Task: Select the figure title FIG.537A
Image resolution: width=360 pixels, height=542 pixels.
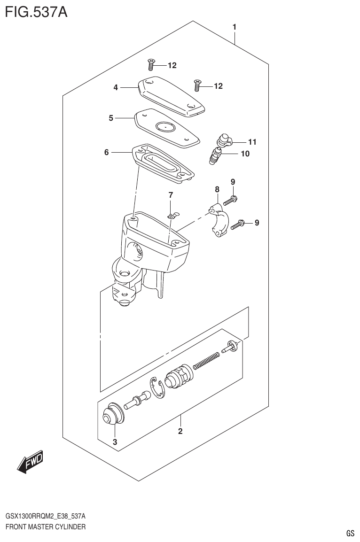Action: click(x=36, y=11)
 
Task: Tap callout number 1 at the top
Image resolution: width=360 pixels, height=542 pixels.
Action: click(x=234, y=27)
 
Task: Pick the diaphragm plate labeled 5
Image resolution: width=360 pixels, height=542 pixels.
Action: click(x=167, y=127)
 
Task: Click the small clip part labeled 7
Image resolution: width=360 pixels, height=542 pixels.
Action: click(x=173, y=216)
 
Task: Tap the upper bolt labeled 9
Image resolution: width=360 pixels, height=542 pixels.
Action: click(x=230, y=201)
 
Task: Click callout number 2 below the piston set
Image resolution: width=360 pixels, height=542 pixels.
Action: click(x=180, y=431)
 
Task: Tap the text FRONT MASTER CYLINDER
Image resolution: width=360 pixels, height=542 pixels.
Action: click(x=45, y=527)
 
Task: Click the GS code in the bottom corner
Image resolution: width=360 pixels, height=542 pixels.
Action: click(x=350, y=533)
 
